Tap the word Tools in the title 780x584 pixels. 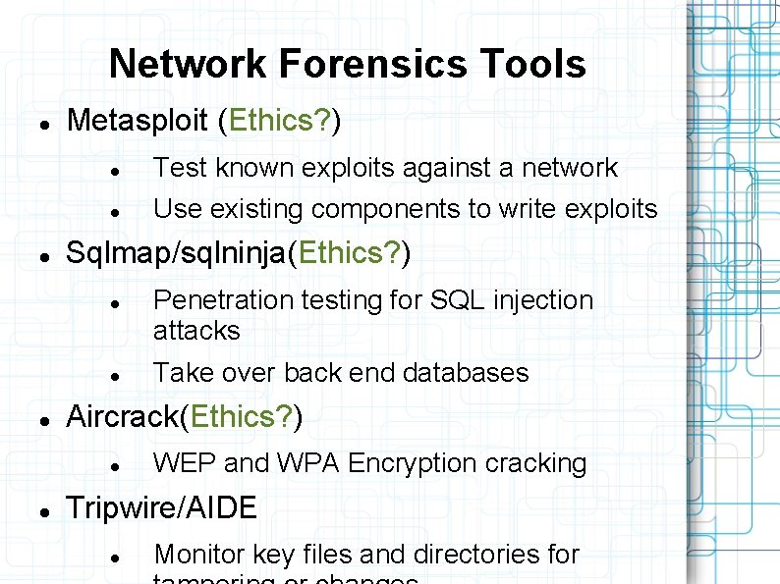tap(533, 64)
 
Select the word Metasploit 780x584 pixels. tap(137, 121)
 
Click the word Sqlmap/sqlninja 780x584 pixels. tap(175, 253)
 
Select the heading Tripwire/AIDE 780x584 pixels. tap(161, 507)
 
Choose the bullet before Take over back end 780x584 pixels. tap(115, 376)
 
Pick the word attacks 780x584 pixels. tap(196, 331)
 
